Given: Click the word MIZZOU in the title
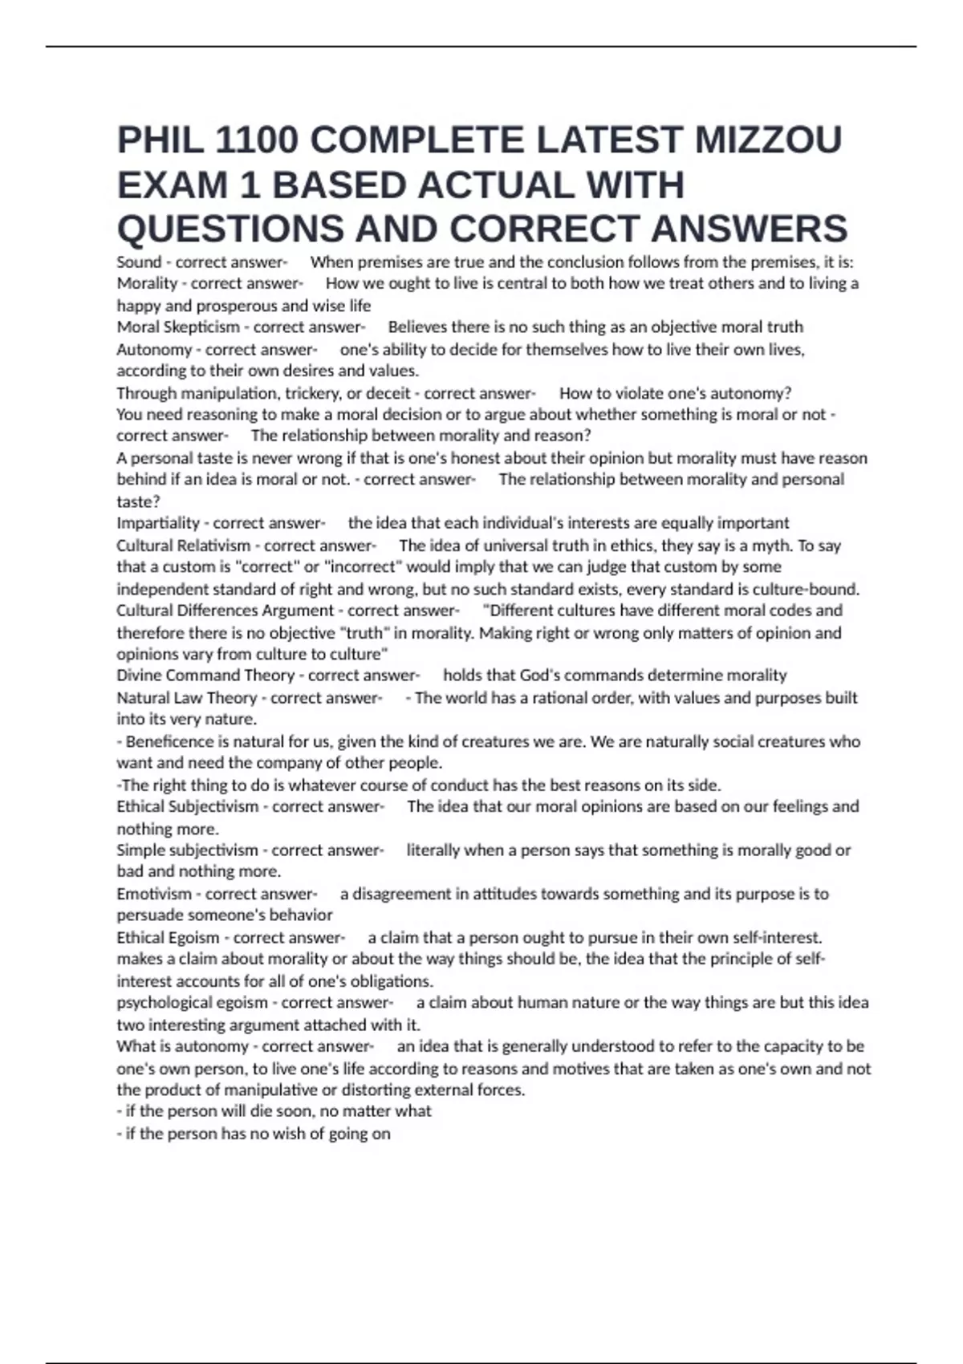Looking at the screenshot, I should (x=768, y=140).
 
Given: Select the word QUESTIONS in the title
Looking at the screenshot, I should (x=230, y=229).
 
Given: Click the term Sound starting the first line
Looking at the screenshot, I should (x=139, y=262).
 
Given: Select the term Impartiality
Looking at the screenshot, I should (x=158, y=523).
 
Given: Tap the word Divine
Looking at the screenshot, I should (x=138, y=676).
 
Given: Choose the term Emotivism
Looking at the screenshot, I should (x=154, y=894).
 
